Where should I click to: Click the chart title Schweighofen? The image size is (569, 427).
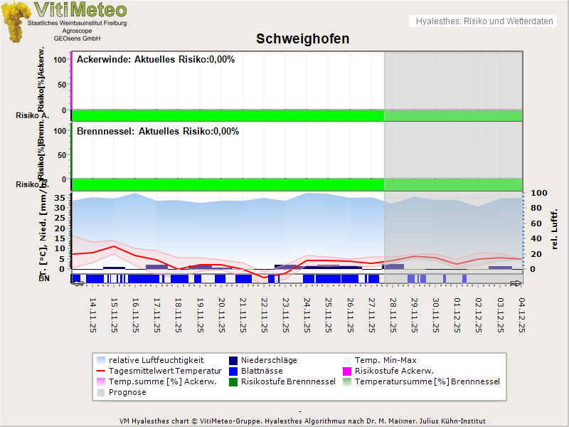click(302, 39)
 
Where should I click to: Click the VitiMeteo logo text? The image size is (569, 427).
click(80, 10)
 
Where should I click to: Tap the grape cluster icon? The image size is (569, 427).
click(16, 21)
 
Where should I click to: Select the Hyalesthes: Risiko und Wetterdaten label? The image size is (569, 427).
click(484, 21)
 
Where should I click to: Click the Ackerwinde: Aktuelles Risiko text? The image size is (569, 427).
click(156, 60)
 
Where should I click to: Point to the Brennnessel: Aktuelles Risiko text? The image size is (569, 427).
click(158, 132)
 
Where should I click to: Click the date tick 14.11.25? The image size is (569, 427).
click(92, 315)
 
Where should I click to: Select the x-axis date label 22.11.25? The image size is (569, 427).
click(264, 315)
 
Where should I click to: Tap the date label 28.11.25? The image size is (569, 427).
click(393, 315)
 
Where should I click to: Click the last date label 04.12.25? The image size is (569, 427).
click(521, 315)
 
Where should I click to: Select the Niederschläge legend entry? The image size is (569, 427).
click(269, 360)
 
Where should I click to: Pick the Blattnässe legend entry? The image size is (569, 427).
click(262, 371)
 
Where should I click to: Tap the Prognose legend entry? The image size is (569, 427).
click(127, 392)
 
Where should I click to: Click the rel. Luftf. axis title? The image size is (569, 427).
click(555, 228)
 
